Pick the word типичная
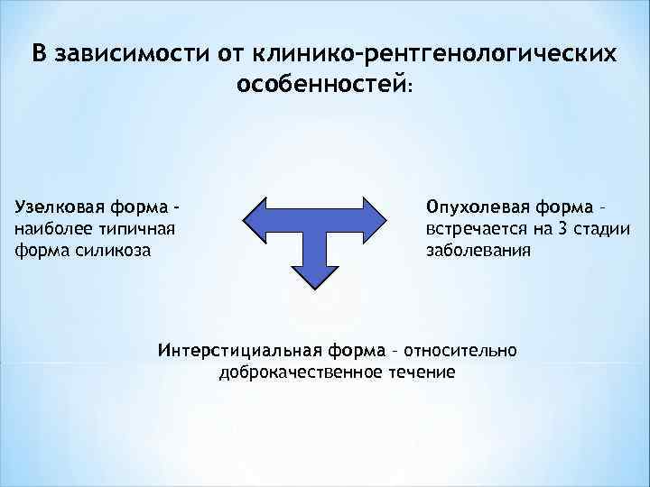(x=135, y=227)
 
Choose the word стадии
(x=602, y=227)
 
